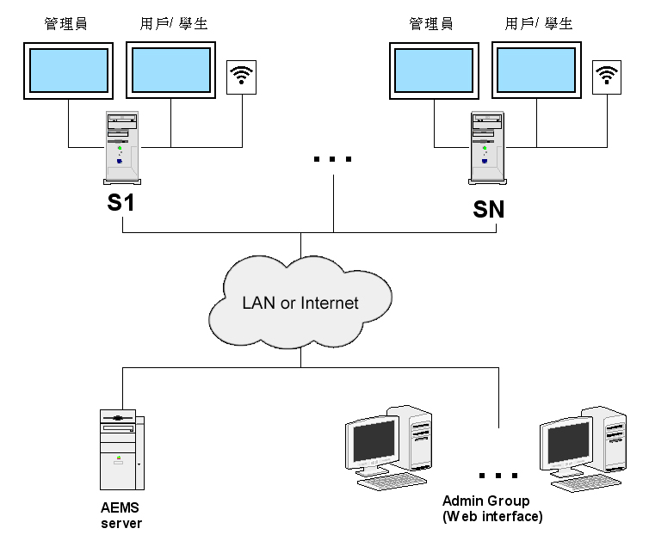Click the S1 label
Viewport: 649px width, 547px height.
coord(121,205)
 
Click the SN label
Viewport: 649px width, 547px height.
coord(488,208)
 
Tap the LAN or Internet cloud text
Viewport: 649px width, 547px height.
coord(300,303)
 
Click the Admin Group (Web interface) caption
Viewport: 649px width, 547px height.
coord(492,508)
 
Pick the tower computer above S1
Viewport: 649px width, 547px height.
coord(121,147)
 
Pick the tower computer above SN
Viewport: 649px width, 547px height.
coord(486,147)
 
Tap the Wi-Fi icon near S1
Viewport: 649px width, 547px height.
coord(241,77)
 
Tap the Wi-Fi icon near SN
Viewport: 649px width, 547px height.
coord(609,77)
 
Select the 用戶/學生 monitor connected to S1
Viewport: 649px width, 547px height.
coord(170,71)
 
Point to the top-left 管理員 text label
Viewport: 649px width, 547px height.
coord(66,24)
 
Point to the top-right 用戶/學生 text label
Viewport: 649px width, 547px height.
coord(538,24)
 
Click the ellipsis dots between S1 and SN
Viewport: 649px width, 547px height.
coord(333,160)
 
